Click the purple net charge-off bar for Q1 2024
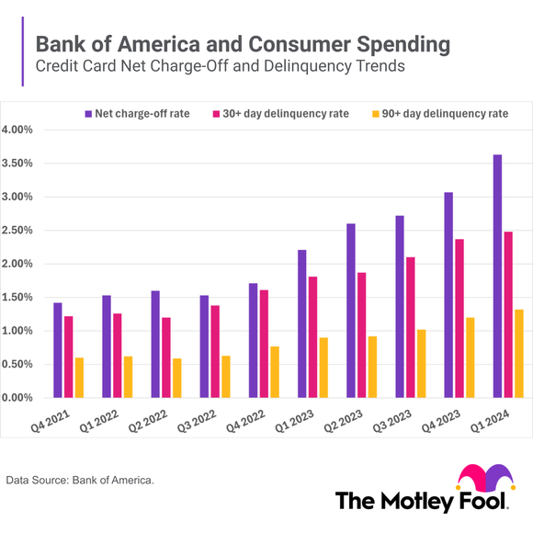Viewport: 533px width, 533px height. point(497,276)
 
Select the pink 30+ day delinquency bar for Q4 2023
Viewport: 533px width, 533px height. point(459,318)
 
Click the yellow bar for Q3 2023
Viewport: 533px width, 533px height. point(419,363)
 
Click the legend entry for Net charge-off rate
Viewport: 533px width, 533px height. point(138,114)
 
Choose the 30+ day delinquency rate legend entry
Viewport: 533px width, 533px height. point(281,114)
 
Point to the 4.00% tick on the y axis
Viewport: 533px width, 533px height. point(17,130)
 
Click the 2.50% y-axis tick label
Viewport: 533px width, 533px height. point(17,231)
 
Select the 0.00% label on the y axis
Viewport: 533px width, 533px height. point(17,398)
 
